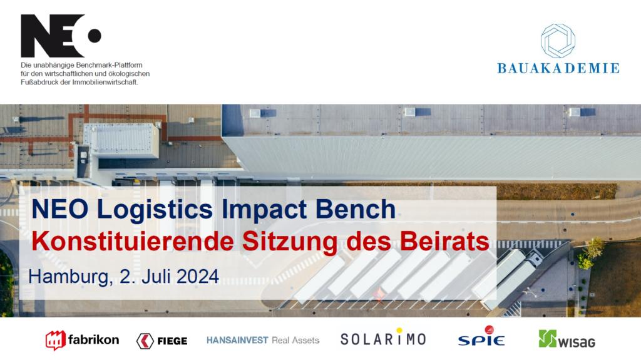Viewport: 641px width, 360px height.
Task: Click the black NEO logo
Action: pos(60,36)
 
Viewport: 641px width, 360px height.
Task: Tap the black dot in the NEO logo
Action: pos(94,36)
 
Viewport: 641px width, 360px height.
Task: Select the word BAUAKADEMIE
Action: pos(558,68)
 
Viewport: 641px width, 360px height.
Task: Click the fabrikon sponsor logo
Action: pos(82,340)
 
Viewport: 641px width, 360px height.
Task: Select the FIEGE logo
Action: pos(162,341)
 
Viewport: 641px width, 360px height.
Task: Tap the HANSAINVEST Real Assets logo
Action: pos(263,340)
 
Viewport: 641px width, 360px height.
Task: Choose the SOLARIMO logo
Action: pos(383,339)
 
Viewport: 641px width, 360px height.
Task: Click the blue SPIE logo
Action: pos(481,339)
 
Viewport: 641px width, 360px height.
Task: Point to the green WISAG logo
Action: pos(567,339)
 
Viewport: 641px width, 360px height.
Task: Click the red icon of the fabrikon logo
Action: pos(55,340)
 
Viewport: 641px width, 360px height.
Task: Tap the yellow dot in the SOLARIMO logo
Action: pos(399,331)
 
